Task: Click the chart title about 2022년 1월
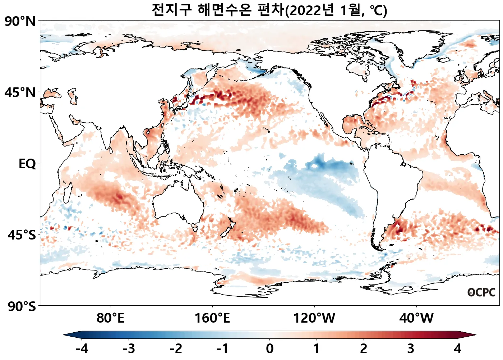tap(269, 10)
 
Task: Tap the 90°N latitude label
tap(20, 22)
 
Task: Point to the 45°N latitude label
tap(20, 93)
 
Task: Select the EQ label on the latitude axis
tap(27, 164)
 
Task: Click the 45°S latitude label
tap(22, 235)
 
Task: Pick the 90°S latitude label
tap(22, 307)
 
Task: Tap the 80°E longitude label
tap(110, 318)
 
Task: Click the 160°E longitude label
tap(212, 318)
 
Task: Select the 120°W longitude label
tap(314, 318)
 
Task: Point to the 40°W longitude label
tap(416, 318)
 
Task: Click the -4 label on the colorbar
tap(82, 349)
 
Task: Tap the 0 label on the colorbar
tap(269, 349)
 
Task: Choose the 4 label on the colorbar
tap(457, 349)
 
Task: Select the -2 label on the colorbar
tap(176, 349)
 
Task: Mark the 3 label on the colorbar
tap(410, 349)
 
